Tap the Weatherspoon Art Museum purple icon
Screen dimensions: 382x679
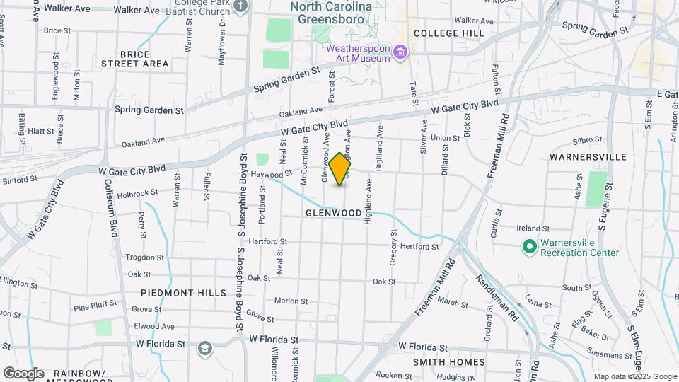401,52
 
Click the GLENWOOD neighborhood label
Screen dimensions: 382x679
334,212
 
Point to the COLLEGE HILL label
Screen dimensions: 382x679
449,33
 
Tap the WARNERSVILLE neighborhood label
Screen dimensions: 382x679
588,156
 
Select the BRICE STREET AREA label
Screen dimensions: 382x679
135,59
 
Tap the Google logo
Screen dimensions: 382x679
23,374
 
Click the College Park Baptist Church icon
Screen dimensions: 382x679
240,7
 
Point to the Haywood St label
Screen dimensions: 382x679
272,173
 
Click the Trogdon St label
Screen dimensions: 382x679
144,257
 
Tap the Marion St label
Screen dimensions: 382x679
286,301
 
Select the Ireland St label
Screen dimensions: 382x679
533,228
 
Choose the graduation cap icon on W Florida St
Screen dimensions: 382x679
204,348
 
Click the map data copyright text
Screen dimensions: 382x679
635,376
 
